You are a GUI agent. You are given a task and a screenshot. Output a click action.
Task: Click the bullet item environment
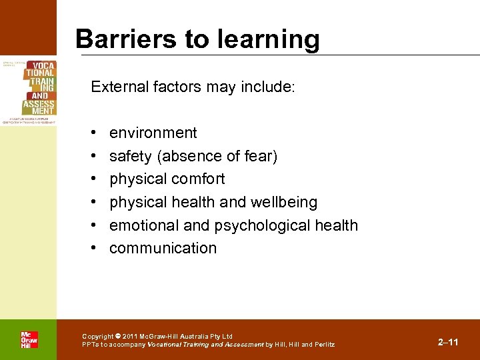pyautogui.click(x=153, y=133)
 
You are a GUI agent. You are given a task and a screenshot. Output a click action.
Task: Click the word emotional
pyautogui.click(x=141, y=225)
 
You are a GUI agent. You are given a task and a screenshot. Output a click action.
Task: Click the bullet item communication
pyautogui.click(x=163, y=248)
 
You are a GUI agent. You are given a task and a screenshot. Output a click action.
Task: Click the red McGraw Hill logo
pyautogui.click(x=29, y=340)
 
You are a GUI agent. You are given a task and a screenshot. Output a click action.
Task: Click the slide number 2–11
pyautogui.click(x=448, y=342)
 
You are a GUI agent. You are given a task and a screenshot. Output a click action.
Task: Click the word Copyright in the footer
pyautogui.click(x=97, y=337)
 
